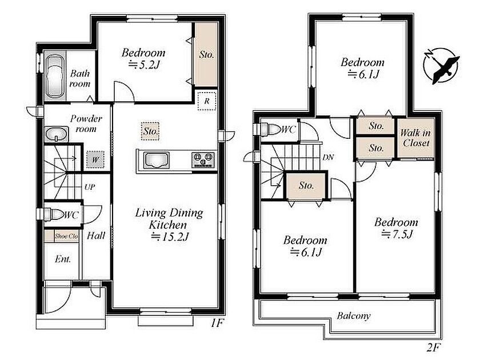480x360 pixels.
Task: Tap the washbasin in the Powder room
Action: (x=57, y=134)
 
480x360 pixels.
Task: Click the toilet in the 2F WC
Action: (x=271, y=129)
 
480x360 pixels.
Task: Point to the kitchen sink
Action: (x=157, y=160)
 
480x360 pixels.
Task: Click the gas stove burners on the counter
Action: (x=202, y=160)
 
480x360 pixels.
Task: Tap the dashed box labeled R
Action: (x=207, y=101)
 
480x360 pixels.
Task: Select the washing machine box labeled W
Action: (x=95, y=159)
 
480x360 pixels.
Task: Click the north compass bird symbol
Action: (x=441, y=66)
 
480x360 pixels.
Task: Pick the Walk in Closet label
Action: (x=416, y=138)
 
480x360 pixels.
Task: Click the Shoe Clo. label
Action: (x=66, y=236)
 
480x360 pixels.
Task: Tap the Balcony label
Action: (x=354, y=315)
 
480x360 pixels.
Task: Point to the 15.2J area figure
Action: (x=170, y=237)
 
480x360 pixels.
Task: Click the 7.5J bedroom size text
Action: (x=397, y=234)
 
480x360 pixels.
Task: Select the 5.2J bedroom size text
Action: (x=144, y=65)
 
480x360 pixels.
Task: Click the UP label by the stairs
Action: (x=89, y=187)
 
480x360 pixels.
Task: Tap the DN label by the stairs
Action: (x=328, y=157)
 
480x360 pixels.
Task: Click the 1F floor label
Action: (x=217, y=323)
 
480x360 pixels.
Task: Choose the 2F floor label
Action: (x=433, y=348)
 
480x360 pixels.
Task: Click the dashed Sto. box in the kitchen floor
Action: (x=150, y=131)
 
